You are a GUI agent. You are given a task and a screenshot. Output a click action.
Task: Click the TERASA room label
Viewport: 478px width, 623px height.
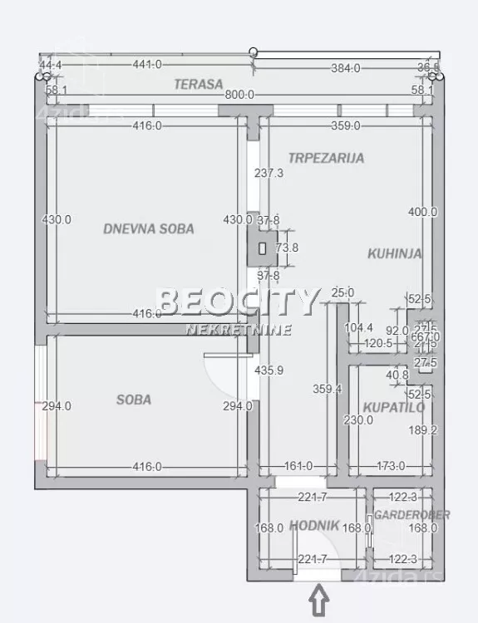198,83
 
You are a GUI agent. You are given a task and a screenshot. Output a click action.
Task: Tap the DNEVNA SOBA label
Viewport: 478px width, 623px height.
149,228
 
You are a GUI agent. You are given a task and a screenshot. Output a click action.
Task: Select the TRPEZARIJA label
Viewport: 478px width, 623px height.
326,157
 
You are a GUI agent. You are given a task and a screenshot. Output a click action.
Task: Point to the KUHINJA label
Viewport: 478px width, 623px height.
395,254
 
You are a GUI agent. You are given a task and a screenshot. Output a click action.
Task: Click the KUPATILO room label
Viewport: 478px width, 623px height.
394,407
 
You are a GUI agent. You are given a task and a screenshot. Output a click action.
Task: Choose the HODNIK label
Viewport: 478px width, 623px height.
314,525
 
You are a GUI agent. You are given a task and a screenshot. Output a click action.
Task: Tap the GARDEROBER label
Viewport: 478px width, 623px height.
411,515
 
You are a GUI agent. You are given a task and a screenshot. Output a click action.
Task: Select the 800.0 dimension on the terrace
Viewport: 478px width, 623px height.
239,96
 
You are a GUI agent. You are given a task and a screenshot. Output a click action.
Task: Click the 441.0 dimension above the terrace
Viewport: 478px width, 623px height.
146,64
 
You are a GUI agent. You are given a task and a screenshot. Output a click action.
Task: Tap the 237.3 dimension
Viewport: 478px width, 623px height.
269,174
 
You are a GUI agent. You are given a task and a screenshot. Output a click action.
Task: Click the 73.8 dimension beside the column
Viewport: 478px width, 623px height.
287,248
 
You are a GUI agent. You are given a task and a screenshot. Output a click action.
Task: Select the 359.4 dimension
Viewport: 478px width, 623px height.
327,387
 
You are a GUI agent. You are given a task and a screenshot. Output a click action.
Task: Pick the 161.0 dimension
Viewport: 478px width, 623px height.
298,467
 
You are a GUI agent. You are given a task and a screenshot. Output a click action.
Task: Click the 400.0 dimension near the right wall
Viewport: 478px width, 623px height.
422,212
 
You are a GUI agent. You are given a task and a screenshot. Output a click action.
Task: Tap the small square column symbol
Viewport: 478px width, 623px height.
262,248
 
